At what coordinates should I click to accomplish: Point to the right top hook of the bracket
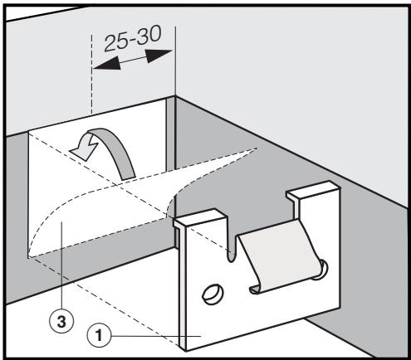pos(303,198)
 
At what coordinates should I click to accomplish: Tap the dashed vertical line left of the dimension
pos(90,83)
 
